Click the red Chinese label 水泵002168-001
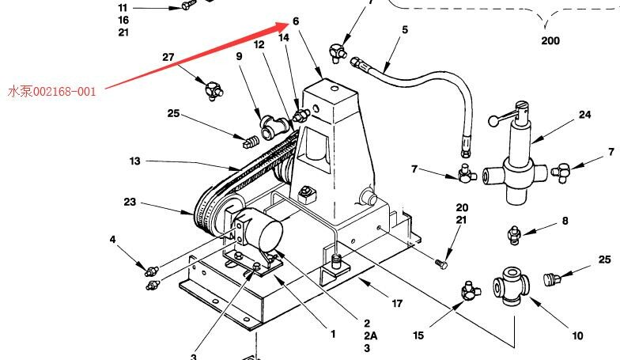click(x=52, y=92)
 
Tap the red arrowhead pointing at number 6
click(x=283, y=26)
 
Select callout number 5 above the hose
click(x=405, y=30)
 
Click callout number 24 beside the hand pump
click(x=585, y=115)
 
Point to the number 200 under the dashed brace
click(x=550, y=41)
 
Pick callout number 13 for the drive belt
click(x=134, y=161)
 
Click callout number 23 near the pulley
click(x=130, y=202)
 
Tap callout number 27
click(x=168, y=57)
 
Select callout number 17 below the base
click(x=397, y=304)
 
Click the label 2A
click(x=370, y=335)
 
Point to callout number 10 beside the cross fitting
click(x=577, y=335)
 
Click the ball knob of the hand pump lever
click(x=493, y=120)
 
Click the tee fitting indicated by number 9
click(x=274, y=127)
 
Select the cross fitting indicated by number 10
click(x=511, y=286)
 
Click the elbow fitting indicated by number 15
click(x=470, y=291)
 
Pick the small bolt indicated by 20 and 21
click(x=441, y=263)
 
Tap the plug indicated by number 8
click(x=514, y=234)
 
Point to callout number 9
click(x=239, y=57)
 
